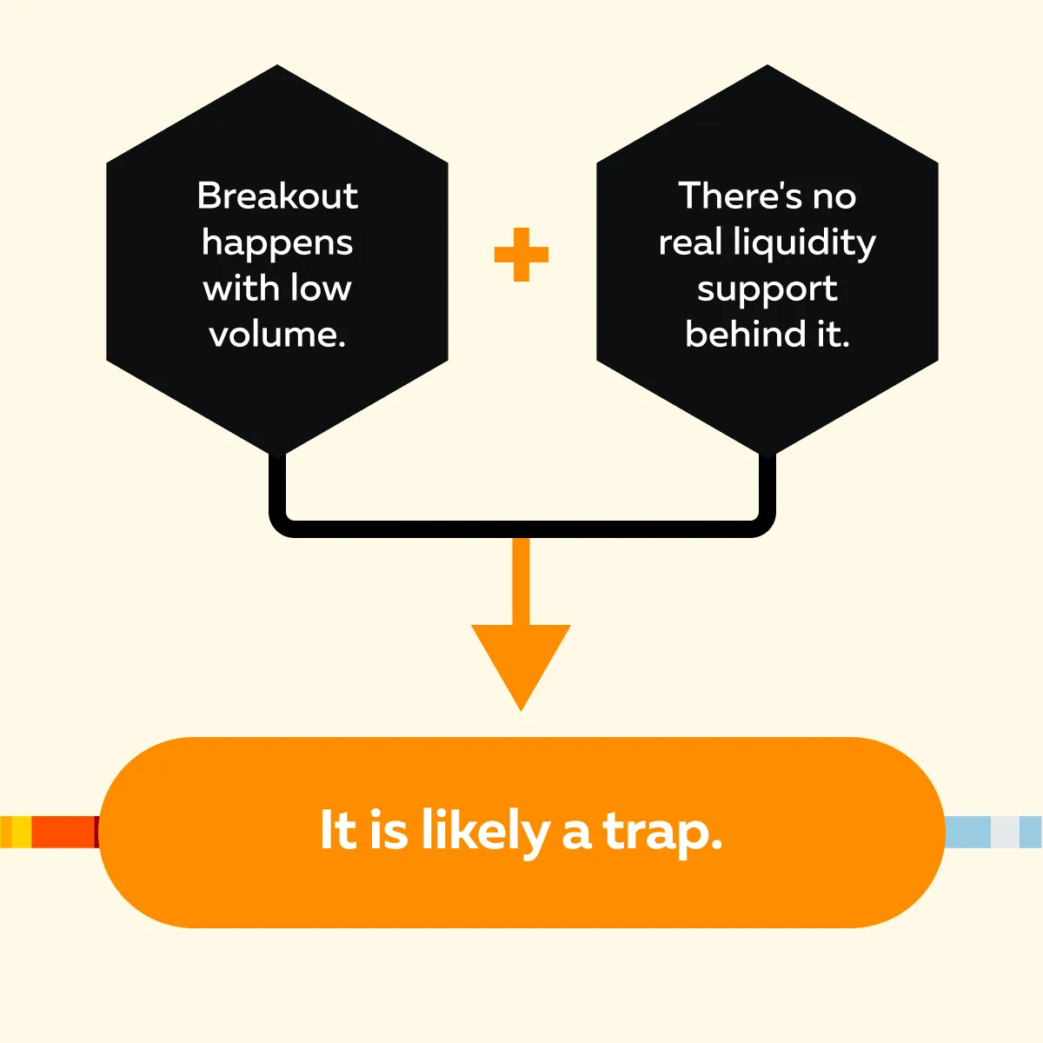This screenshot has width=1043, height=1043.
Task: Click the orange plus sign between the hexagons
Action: pos(521,255)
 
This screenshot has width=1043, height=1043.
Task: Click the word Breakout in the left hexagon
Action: pos(277,196)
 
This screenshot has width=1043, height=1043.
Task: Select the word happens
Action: pos(277,244)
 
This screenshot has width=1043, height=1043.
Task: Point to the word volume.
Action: pos(277,335)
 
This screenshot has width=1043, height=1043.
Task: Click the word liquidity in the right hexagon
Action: pos(804,243)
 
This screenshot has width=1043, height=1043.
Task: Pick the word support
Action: pos(767,290)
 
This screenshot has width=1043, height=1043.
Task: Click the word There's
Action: pos(741,196)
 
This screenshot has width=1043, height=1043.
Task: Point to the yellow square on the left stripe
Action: pos(21,832)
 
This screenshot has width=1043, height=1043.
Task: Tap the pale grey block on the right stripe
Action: pos(1005,832)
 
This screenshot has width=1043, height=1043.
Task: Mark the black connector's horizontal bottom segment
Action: pos(521,528)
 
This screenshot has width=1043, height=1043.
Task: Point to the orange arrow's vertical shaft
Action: pos(521,581)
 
